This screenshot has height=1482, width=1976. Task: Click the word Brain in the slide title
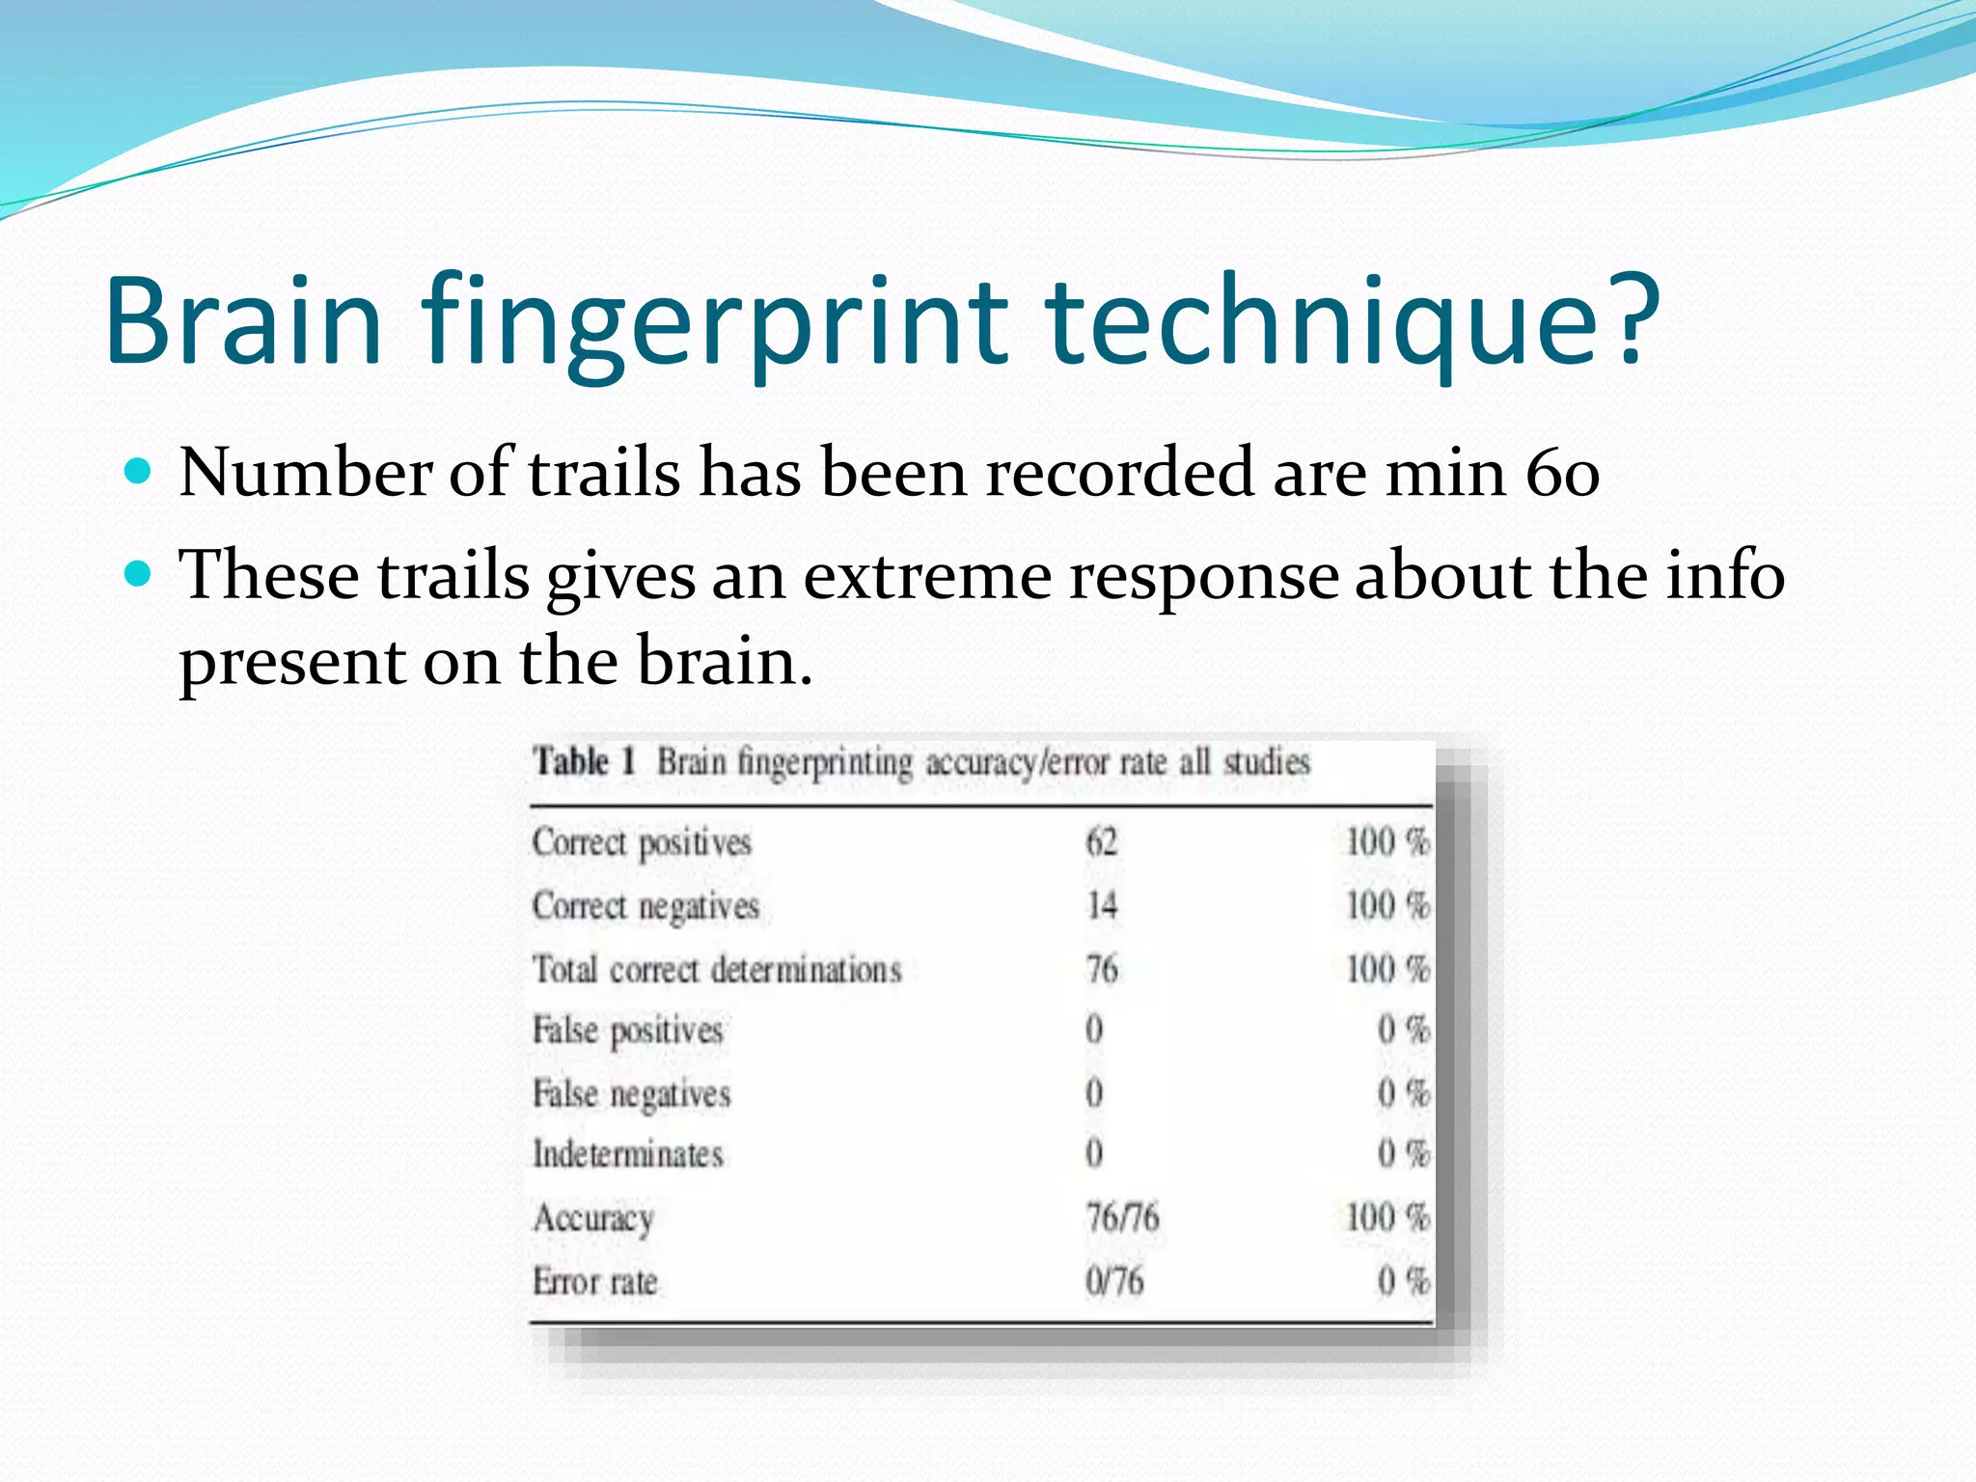[244, 320]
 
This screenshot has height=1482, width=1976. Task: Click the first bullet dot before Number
[140, 472]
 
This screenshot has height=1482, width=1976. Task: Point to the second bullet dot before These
[140, 575]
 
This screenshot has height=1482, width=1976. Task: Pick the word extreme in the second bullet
[927, 576]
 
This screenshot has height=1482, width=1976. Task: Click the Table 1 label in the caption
[585, 762]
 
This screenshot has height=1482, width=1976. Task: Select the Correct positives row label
[642, 842]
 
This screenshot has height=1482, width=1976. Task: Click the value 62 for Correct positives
[1102, 842]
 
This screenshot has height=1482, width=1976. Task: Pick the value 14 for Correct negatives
[1102, 906]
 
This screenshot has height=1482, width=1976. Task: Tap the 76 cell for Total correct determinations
[1102, 969]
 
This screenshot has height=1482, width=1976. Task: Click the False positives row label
[628, 1030]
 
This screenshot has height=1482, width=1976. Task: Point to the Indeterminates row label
[628, 1154]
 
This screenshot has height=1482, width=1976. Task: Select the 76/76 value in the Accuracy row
[1122, 1218]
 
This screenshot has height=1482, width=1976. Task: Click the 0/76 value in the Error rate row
[1114, 1281]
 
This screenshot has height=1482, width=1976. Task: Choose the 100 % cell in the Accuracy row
[1387, 1218]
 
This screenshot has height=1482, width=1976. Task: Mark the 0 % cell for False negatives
[1403, 1093]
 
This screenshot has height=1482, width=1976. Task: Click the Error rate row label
[595, 1281]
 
